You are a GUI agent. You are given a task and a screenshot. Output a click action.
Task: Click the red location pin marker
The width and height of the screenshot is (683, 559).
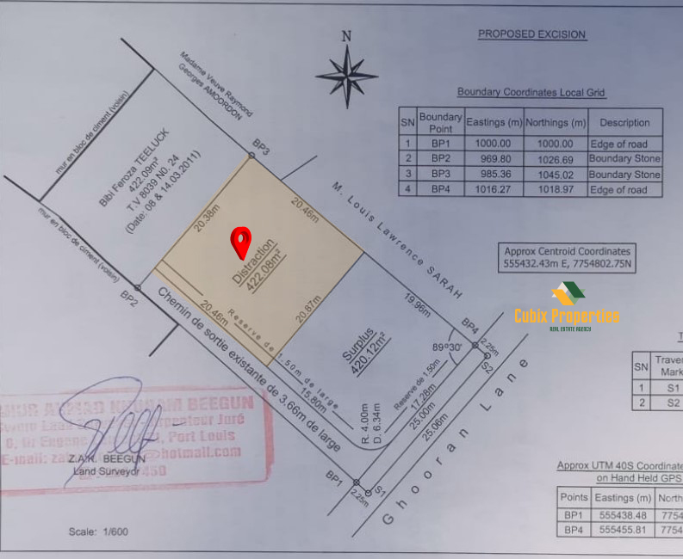click(x=242, y=242)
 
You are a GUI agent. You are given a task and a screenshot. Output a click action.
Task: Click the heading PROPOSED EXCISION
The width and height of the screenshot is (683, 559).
click(x=531, y=34)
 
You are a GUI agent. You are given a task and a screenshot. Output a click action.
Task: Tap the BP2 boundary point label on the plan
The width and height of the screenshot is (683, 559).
click(x=129, y=298)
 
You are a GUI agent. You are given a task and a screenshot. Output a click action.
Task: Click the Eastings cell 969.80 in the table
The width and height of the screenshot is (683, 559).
click(x=494, y=159)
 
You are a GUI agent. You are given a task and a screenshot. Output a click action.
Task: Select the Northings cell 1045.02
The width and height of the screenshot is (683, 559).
click(x=555, y=175)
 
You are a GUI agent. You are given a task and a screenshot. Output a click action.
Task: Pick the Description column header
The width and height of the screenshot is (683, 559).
click(x=624, y=122)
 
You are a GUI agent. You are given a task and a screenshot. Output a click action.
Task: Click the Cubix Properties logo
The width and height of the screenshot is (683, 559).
click(x=567, y=310)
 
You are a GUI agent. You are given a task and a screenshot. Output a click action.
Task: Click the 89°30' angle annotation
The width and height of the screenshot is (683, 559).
click(x=448, y=347)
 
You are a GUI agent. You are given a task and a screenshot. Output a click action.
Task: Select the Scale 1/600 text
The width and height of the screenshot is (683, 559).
click(x=98, y=531)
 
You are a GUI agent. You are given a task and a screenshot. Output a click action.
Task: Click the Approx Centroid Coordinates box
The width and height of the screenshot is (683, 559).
click(x=568, y=258)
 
